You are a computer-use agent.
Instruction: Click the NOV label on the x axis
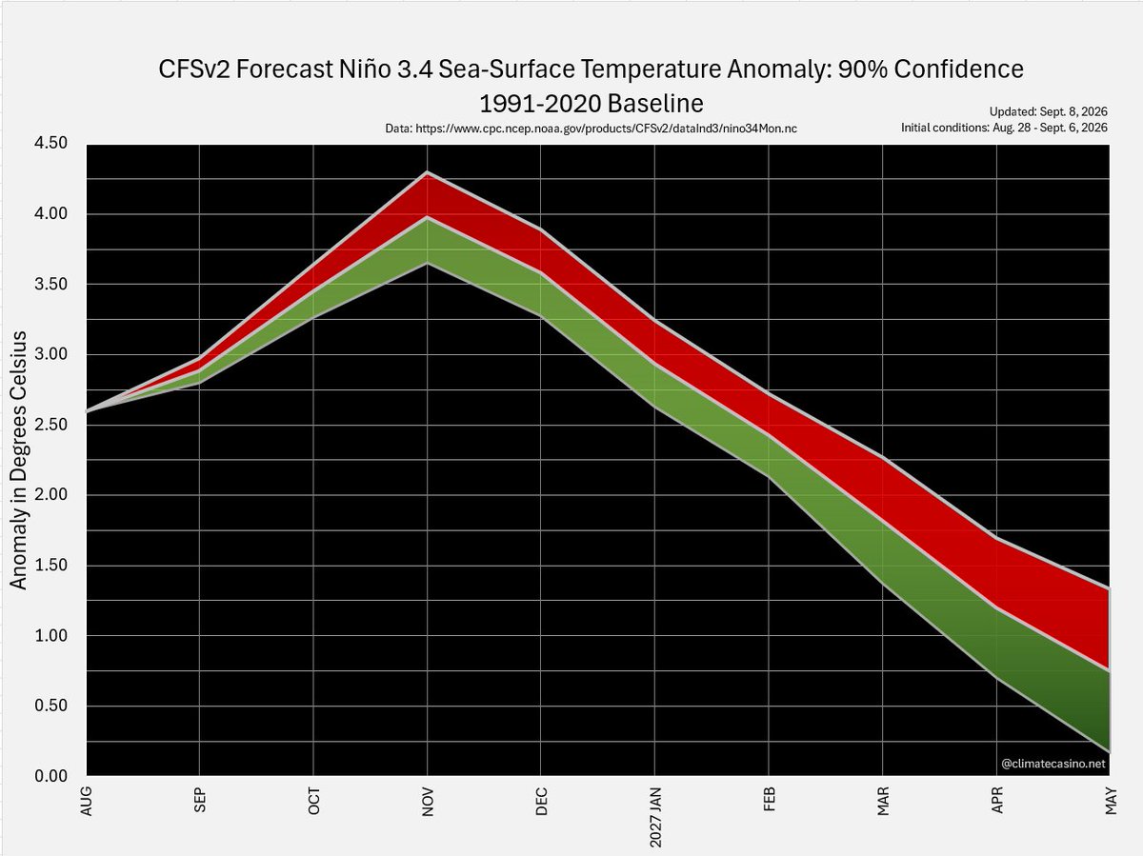click(428, 802)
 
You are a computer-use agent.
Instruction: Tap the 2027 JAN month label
click(655, 817)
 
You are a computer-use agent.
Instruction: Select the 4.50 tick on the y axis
click(51, 143)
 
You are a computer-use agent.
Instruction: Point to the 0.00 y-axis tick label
click(51, 776)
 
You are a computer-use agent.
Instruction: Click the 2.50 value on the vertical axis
click(51, 424)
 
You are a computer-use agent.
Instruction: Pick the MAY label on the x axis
click(1111, 801)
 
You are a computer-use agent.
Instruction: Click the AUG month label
click(86, 801)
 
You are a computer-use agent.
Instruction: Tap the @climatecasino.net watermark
click(1053, 764)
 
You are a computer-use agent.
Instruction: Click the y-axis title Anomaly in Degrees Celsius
click(18, 460)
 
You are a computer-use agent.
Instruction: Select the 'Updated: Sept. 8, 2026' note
click(1049, 111)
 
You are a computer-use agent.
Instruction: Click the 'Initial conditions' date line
click(1005, 128)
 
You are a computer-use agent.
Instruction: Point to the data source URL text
click(592, 129)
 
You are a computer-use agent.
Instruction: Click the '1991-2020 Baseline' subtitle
click(592, 104)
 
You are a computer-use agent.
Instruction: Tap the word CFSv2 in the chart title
click(193, 70)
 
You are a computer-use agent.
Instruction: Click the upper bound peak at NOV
click(428, 171)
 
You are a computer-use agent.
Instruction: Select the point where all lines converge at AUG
click(87, 412)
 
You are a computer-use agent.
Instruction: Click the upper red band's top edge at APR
click(996, 538)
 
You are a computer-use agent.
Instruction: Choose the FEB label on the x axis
click(769, 800)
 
